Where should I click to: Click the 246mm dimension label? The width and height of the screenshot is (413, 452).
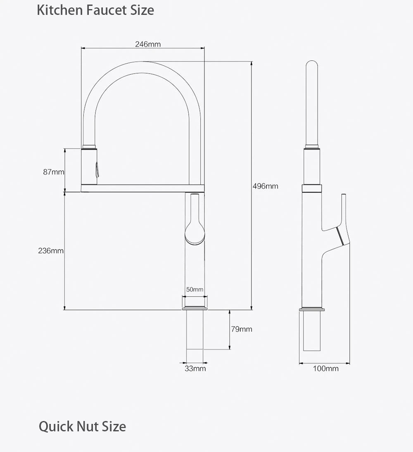click(x=148, y=44)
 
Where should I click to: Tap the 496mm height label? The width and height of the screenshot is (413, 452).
click(x=266, y=186)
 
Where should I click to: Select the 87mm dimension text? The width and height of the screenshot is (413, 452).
click(x=54, y=172)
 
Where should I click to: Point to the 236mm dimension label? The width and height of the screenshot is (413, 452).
click(x=51, y=251)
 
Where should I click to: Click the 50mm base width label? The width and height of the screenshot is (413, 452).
click(x=195, y=289)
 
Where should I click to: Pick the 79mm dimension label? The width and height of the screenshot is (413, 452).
click(x=242, y=329)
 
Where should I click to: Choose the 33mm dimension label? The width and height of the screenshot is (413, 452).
click(x=195, y=369)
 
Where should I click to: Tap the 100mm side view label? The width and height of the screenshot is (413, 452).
click(x=326, y=369)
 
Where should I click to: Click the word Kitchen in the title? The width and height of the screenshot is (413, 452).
click(x=60, y=10)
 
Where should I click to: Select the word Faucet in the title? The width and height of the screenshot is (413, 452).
click(x=107, y=10)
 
